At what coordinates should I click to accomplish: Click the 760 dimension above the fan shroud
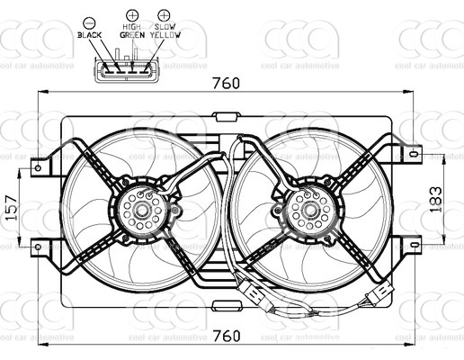[227, 84]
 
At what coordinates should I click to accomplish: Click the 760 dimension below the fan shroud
[227, 336]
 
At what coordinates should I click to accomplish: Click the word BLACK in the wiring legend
[91, 34]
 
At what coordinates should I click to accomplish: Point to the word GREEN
[131, 35]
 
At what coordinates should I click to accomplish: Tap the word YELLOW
[165, 35]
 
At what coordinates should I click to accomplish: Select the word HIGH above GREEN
[132, 27]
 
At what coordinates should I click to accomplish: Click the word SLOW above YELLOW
[165, 27]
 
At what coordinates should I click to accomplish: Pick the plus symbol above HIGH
[132, 15]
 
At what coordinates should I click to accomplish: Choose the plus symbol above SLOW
[163, 15]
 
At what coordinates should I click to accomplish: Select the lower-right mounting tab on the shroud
[412, 244]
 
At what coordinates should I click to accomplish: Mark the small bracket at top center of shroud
[226, 116]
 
